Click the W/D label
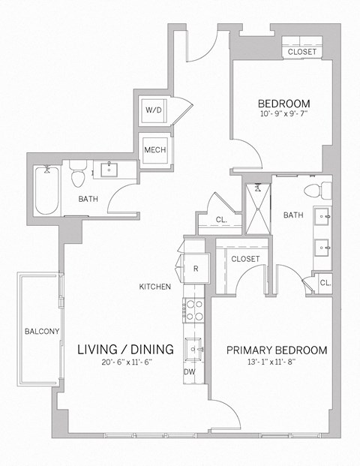(x=154, y=110)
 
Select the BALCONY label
(x=37, y=331)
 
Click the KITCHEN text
(x=155, y=287)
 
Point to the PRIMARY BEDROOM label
(x=277, y=350)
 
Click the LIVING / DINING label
(x=126, y=349)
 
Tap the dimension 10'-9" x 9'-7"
(x=283, y=116)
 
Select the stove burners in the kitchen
(x=193, y=310)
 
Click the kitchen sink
(x=194, y=348)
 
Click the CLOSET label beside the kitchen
(x=245, y=259)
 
